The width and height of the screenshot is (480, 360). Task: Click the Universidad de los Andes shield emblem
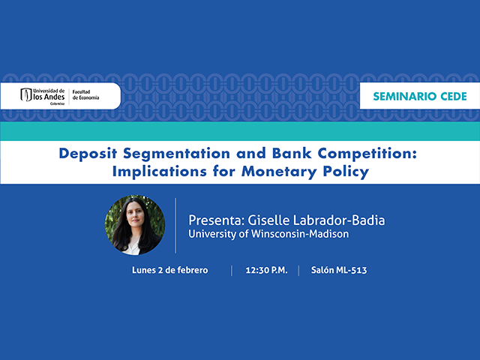[x=27, y=95]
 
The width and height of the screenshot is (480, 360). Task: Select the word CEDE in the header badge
[x=452, y=97]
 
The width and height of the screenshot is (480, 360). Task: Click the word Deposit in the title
[x=87, y=154]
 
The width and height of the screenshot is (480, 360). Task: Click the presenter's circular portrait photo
[x=135, y=225]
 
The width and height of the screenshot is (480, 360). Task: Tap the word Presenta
[x=214, y=220]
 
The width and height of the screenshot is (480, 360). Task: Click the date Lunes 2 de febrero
[x=169, y=270]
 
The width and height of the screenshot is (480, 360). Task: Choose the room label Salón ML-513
[x=338, y=270]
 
